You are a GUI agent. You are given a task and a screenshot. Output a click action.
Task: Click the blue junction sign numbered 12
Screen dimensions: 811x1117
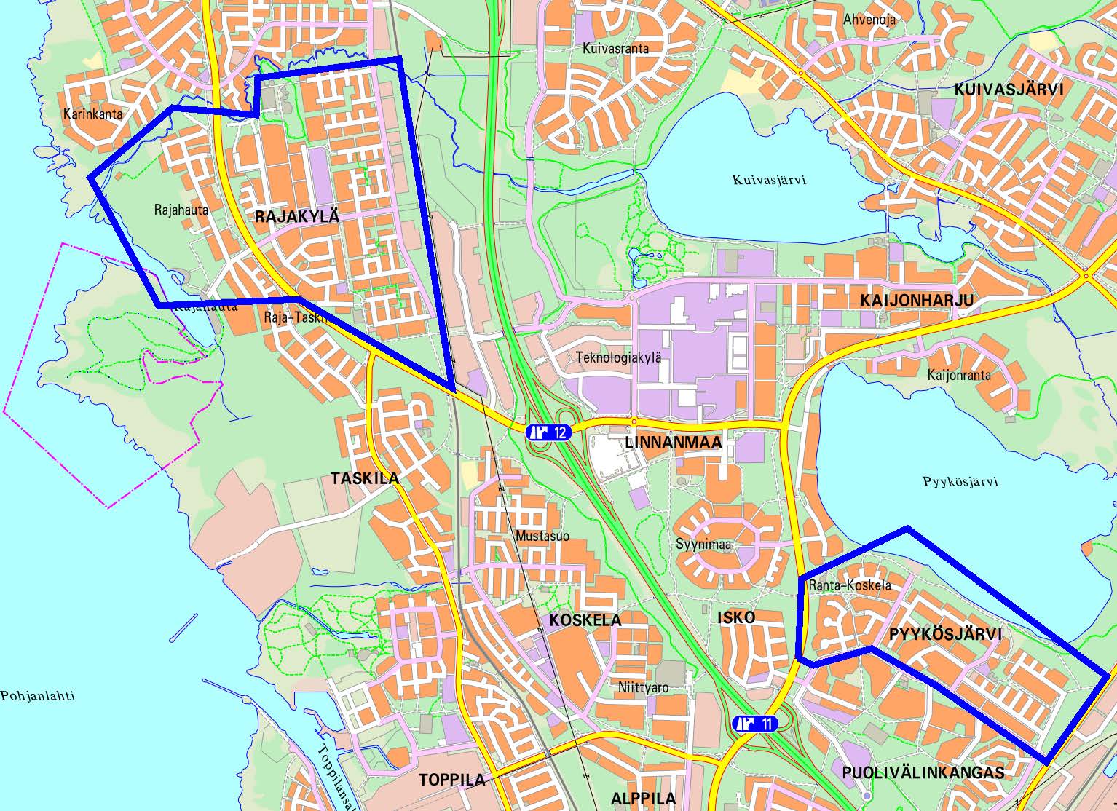548,432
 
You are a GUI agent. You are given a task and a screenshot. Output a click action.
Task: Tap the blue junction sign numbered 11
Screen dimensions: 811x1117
755,724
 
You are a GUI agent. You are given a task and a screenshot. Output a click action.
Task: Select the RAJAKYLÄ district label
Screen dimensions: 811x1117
297,216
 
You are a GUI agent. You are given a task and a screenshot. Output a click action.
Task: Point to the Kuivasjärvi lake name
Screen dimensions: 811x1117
769,180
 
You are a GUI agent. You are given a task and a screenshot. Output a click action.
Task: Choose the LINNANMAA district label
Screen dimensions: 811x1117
673,443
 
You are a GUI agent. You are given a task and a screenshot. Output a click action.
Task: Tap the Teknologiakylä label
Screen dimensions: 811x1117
618,357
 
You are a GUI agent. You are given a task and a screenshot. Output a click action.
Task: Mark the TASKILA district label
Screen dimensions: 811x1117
365,478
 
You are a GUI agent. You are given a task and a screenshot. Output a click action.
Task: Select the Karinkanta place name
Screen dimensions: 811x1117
92,114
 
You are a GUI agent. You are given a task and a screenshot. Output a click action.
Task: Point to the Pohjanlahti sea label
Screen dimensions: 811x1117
38,695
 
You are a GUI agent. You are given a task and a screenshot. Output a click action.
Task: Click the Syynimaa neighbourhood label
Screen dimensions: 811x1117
703,545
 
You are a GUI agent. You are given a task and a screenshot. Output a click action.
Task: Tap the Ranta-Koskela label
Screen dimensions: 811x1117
849,585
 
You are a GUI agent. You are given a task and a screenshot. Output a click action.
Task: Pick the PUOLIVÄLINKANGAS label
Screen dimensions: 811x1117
923,772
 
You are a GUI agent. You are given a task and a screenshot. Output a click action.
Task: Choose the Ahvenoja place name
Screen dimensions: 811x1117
869,20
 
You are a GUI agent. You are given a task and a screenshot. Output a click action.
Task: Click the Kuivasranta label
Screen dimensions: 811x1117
615,49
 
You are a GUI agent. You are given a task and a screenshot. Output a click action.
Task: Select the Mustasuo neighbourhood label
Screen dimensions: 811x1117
542,537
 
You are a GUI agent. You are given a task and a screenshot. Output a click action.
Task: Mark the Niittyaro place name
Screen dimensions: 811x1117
642,687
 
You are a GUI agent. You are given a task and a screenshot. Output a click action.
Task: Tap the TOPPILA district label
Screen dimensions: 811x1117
451,780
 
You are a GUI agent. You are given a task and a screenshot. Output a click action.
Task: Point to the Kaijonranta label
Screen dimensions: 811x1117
958,376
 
